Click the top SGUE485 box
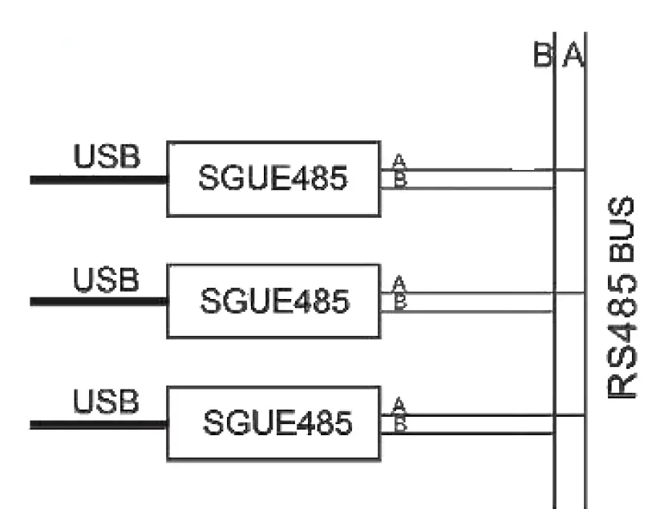[x=273, y=179]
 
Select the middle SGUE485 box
[x=273, y=301]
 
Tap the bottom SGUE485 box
[x=273, y=422]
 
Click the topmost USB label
[x=107, y=157]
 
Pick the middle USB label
[x=107, y=281]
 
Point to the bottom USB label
[x=107, y=402]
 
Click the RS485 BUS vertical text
[x=622, y=297]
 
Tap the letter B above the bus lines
[x=542, y=56]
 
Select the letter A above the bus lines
[x=572, y=56]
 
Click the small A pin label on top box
[x=399, y=161]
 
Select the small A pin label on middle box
[x=399, y=284]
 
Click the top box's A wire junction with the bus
[x=585, y=170]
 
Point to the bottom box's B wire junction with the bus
[x=554, y=434]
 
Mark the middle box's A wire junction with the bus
[x=585, y=293]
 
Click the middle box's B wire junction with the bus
[x=554, y=312]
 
